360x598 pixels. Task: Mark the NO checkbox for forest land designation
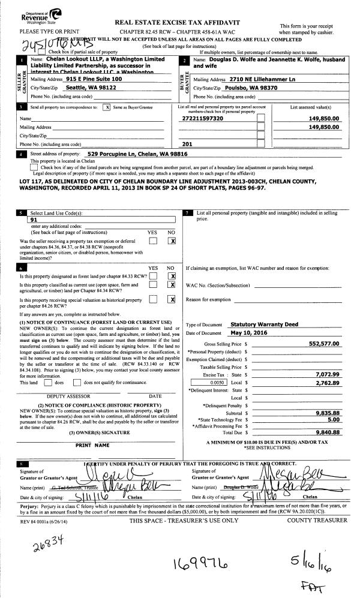(172, 276)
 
